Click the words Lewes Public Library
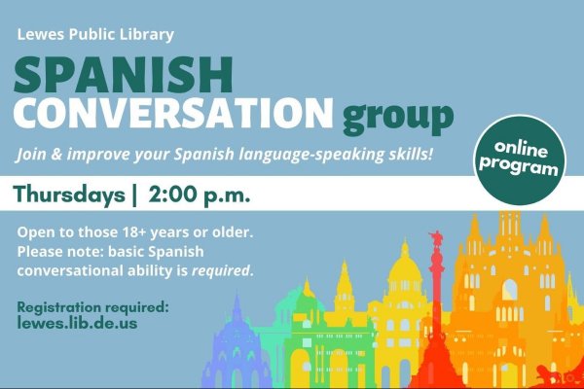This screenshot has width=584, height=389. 95,34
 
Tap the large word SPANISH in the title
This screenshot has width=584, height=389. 124,75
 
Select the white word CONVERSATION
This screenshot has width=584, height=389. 173,113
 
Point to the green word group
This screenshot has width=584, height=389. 398,117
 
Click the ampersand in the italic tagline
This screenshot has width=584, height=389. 56,154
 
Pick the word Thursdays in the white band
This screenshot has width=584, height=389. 69,194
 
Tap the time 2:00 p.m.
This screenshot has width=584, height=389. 200,195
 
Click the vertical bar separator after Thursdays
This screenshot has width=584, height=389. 134,195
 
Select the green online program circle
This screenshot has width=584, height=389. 520,159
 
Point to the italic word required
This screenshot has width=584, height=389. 220,270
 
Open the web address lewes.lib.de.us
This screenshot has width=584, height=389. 77,323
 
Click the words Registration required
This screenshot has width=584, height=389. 93,307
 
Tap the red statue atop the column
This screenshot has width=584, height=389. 436,238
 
